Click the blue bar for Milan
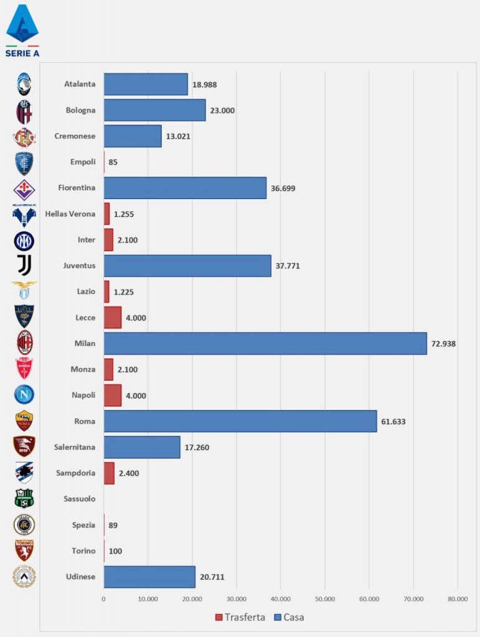tap(265, 343)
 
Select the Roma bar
tap(240, 421)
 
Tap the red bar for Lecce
tap(113, 317)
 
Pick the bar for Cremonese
tap(133, 136)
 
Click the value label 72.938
tap(444, 343)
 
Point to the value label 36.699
tap(284, 188)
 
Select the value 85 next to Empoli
tap(113, 162)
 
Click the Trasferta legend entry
tap(240, 617)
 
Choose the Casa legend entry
tap(289, 617)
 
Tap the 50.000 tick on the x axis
tap(325, 599)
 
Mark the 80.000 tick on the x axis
tap(458, 599)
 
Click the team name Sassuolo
tap(80, 499)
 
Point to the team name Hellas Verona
tap(70, 214)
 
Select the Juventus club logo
tap(24, 265)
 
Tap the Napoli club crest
tap(24, 394)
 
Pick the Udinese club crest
tap(24, 576)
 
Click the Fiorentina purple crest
tap(24, 188)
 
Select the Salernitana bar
tap(142, 447)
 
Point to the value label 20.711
tap(212, 577)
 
